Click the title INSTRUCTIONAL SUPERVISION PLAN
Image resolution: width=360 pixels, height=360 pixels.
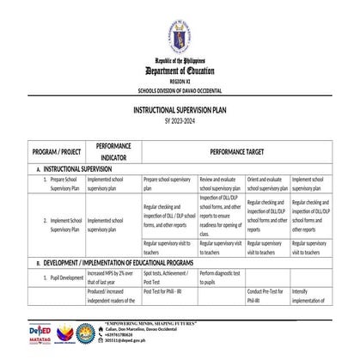[180, 112]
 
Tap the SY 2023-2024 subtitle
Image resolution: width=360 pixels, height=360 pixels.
[180, 121]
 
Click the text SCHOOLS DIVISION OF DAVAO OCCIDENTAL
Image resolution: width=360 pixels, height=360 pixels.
[180, 88]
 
